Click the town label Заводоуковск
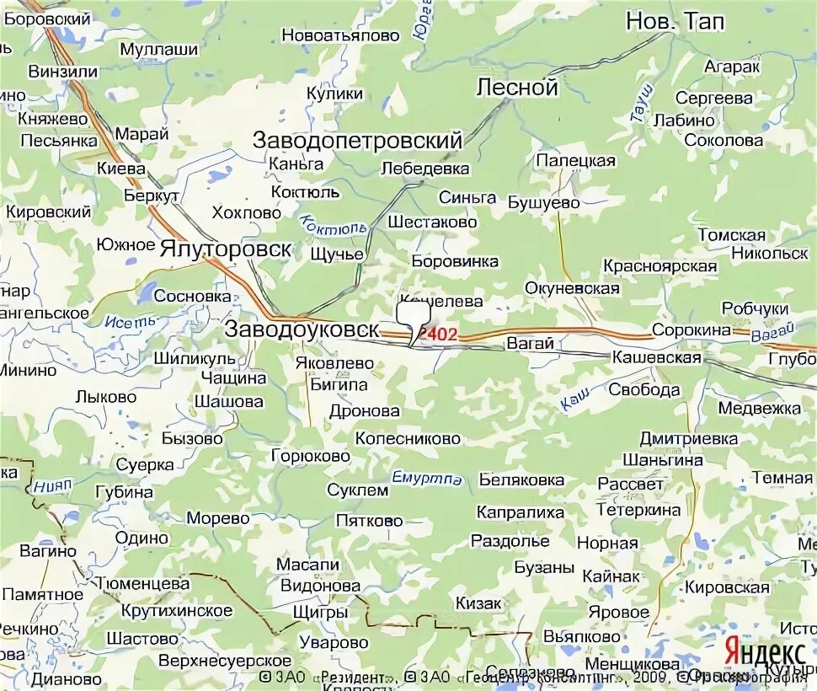click(302, 330)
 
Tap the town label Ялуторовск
click(226, 249)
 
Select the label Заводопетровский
click(358, 141)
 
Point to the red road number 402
click(441, 335)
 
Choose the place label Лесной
click(517, 88)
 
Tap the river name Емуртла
click(427, 479)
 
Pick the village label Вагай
click(530, 344)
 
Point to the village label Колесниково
click(408, 438)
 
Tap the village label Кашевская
click(656, 358)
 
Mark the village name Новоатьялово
click(339, 35)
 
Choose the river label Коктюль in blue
click(334, 225)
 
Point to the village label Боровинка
click(455, 261)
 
